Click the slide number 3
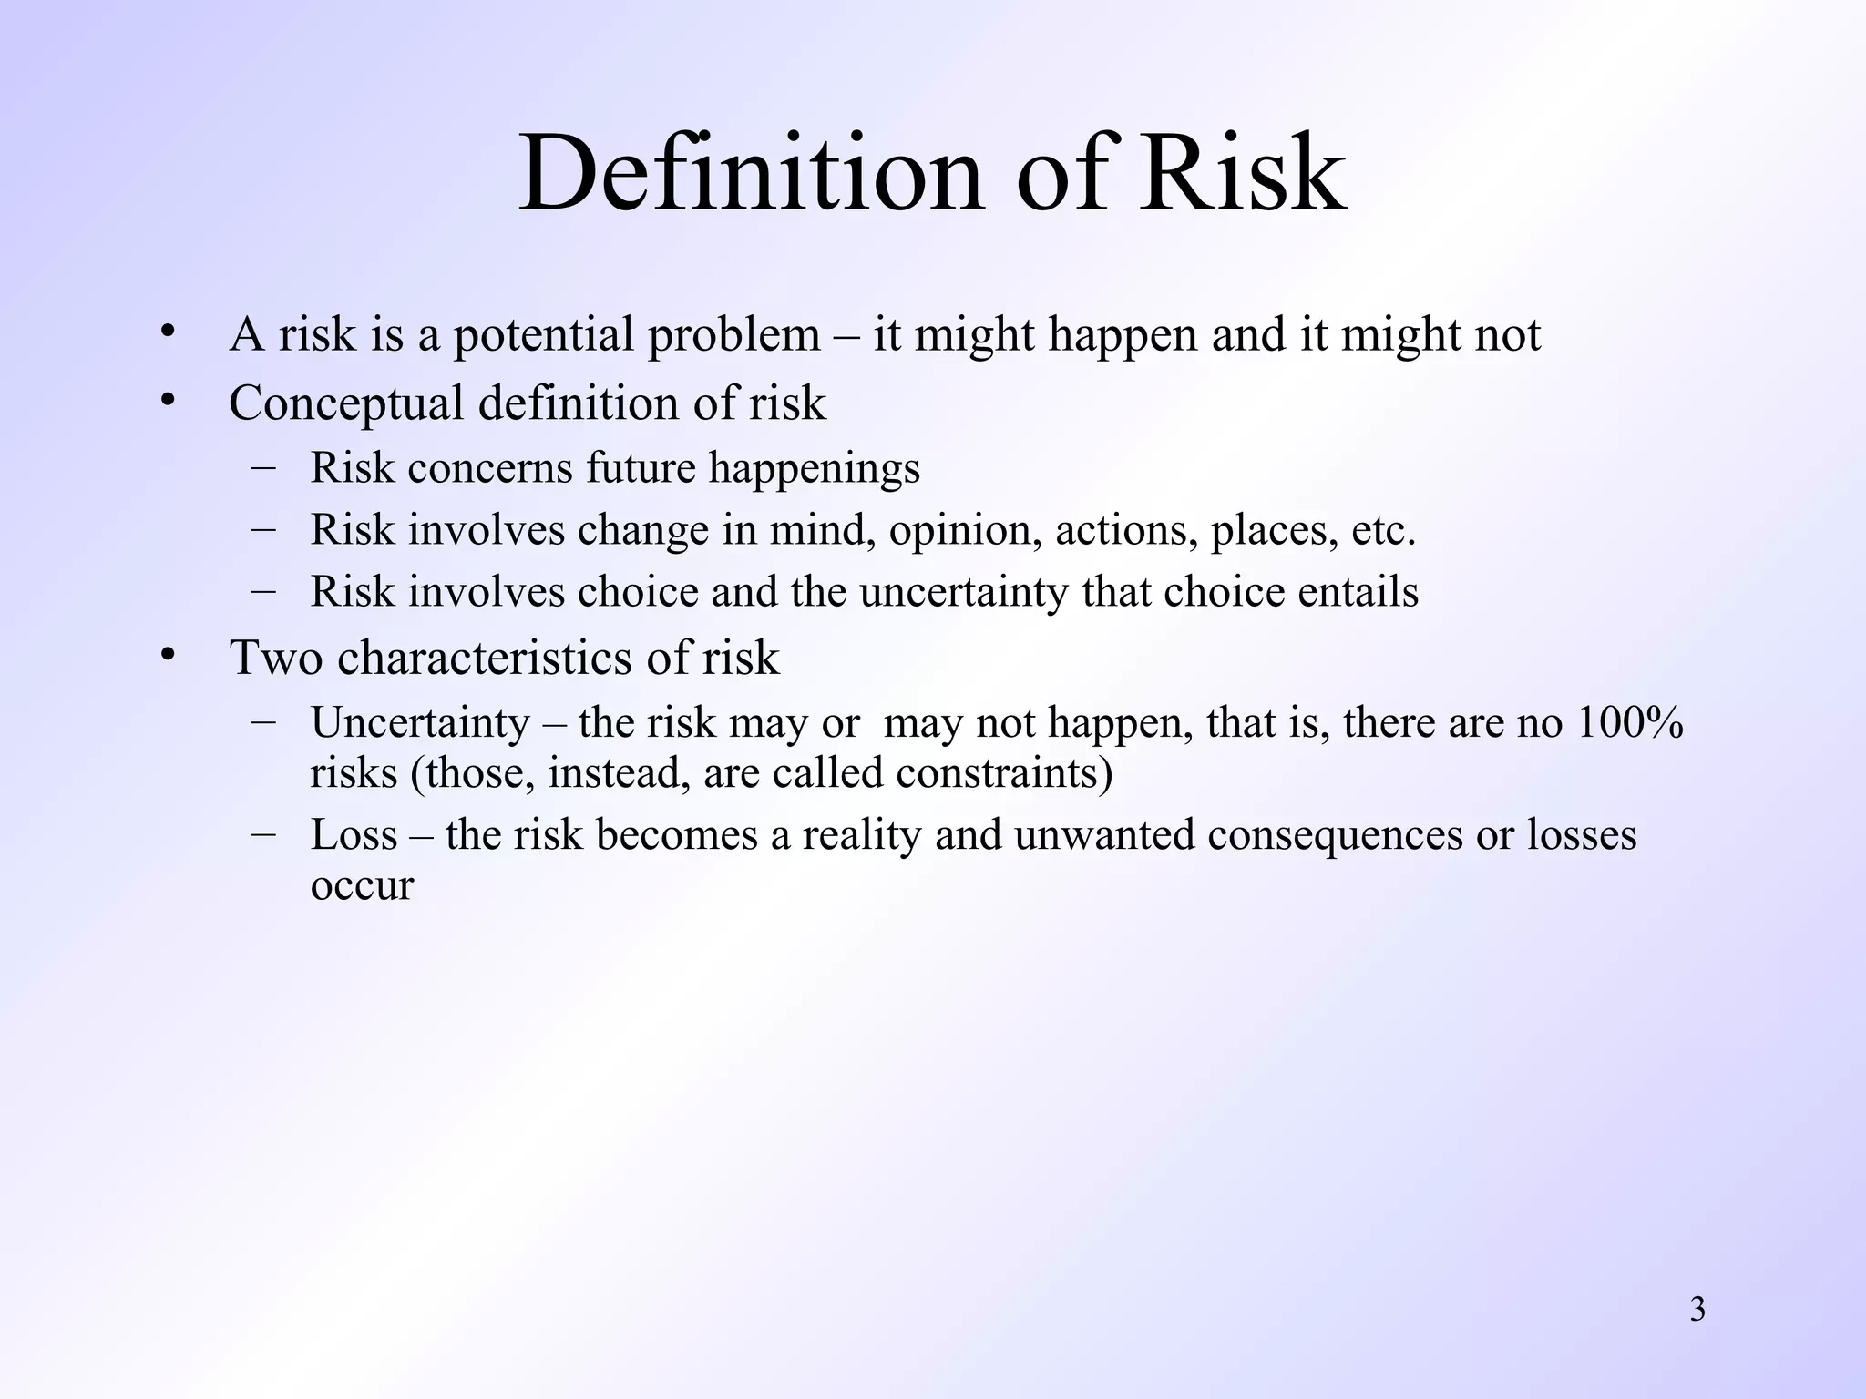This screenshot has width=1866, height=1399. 1697,1310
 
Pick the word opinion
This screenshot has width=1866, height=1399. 965,531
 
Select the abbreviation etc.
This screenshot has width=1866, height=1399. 1383,530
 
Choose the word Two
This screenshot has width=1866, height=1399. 275,658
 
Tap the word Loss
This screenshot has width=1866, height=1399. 354,835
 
